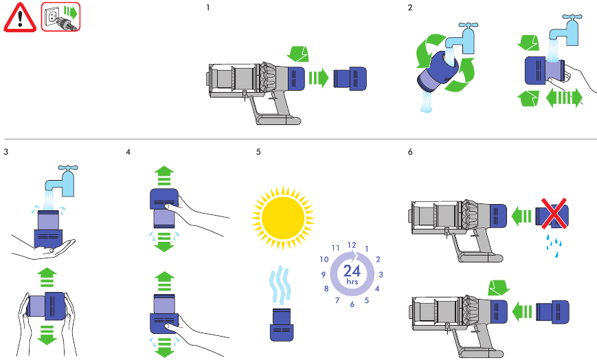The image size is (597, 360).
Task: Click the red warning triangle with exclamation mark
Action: (x=20, y=18)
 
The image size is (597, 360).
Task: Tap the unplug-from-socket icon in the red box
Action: (x=61, y=16)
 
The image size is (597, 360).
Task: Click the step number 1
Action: (x=208, y=8)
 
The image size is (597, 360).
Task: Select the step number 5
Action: (x=258, y=152)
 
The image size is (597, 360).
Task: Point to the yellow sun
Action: (x=283, y=218)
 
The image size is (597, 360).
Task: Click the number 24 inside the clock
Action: (x=352, y=271)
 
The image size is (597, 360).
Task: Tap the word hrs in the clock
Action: (x=352, y=282)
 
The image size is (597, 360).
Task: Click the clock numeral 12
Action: (x=352, y=245)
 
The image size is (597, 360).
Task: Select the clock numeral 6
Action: (x=352, y=304)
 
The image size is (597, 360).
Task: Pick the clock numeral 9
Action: (x=324, y=274)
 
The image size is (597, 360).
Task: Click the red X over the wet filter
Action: (x=553, y=213)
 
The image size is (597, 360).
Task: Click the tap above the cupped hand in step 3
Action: (x=61, y=181)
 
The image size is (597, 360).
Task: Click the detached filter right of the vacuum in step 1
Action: (x=350, y=78)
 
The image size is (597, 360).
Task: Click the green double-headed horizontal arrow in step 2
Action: (x=564, y=98)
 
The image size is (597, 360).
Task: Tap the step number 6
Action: (x=410, y=152)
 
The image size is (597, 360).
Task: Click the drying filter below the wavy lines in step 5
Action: (x=282, y=324)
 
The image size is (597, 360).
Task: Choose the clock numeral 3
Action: (x=381, y=274)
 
